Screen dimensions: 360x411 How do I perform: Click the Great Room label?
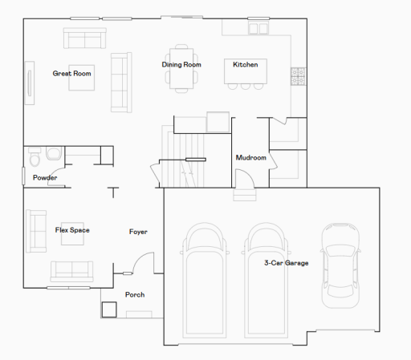[71, 74]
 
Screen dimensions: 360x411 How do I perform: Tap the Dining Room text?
[181, 65]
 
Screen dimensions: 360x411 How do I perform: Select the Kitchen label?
[246, 65]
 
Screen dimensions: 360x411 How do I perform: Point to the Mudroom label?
[250, 158]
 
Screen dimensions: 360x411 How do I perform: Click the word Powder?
[45, 178]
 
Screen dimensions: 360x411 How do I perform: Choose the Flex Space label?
[72, 231]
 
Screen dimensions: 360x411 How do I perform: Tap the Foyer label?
[138, 233]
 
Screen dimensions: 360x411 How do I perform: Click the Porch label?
[135, 295]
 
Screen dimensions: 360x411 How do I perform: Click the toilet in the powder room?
[55, 153]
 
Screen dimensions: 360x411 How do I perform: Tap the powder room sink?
[34, 155]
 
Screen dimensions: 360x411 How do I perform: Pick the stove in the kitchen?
[298, 76]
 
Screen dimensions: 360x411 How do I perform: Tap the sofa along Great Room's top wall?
[84, 38]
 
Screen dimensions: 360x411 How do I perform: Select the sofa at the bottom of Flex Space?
[72, 270]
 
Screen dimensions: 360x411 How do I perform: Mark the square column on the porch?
[108, 309]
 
